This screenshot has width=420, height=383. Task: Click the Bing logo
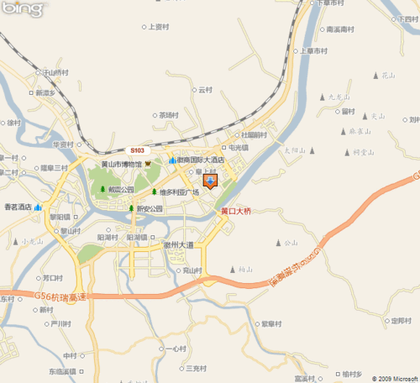pyautogui.click(x=24, y=9)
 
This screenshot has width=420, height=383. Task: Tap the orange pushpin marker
pyautogui.click(x=210, y=181)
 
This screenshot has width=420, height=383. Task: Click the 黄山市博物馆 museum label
pyautogui.click(x=121, y=164)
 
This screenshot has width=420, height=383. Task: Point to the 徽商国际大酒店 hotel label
pyautogui.click(x=202, y=160)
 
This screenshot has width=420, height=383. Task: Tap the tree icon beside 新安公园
pyautogui.click(x=131, y=209)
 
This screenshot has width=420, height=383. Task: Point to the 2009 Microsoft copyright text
pyautogui.click(x=390, y=377)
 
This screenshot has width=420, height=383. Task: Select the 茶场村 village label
pyautogui.click(x=169, y=115)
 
